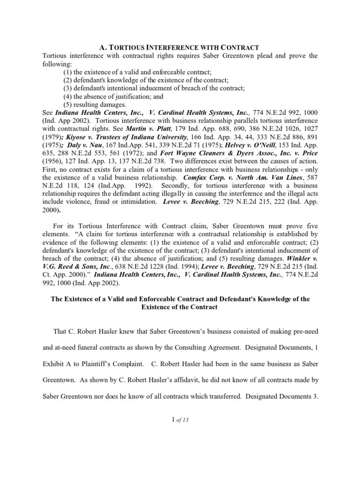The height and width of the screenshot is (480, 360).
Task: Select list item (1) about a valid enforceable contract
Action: (137, 72)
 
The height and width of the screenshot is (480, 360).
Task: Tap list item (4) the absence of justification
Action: (113, 96)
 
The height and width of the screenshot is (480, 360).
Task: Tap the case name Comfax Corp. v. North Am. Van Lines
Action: (236, 178)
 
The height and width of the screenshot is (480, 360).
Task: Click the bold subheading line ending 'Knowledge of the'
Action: (180, 299)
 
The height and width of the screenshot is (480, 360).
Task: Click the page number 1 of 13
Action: (180, 420)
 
